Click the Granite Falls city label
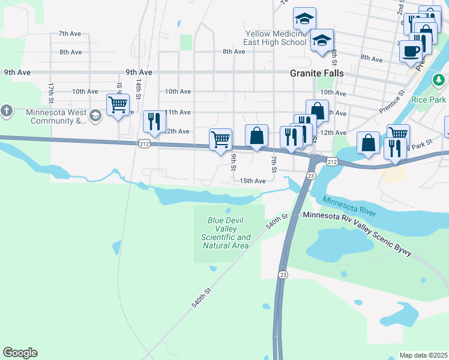[x=317, y=73]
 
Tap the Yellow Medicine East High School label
[x=276, y=38]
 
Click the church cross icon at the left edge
[x=6, y=111]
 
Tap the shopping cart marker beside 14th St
[x=118, y=105]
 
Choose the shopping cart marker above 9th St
[x=220, y=139]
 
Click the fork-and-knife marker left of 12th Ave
[x=154, y=121]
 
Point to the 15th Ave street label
[x=252, y=181]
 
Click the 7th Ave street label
[x=70, y=34]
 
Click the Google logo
[x=20, y=353]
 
